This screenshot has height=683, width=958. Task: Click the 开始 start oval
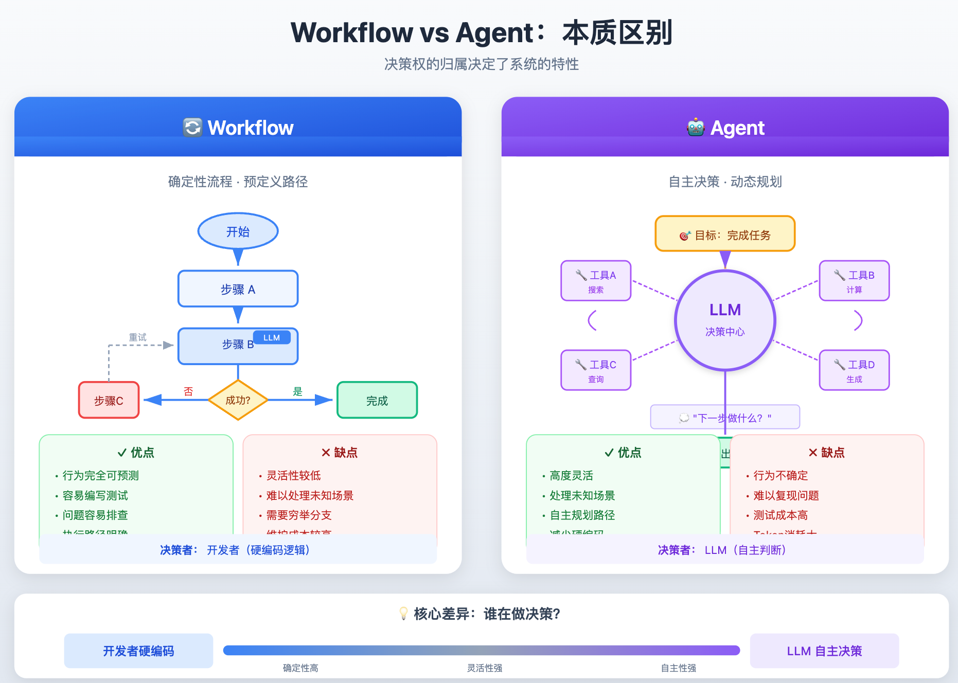pos(238,231)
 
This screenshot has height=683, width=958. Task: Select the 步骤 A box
pos(238,289)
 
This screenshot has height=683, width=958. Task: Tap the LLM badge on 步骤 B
pos(272,337)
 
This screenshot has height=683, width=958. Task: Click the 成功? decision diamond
pos(238,400)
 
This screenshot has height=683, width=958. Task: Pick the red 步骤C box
pos(109,400)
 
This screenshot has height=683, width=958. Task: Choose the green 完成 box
pos(377,400)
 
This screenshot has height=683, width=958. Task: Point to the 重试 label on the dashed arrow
pos(137,337)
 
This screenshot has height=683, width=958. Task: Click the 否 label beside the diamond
pos(188,391)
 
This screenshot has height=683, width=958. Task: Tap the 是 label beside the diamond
pos(297,391)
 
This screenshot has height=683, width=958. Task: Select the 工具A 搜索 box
pos(596,281)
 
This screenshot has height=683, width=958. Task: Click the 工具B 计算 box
pos(854,281)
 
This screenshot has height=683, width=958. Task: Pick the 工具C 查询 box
pos(596,370)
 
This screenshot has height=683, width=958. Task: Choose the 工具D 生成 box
pos(854,370)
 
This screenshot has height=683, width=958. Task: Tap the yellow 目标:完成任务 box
pos(725,234)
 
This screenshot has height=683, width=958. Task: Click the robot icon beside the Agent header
pos(696,128)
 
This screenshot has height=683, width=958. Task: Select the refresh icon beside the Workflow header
pos(192,128)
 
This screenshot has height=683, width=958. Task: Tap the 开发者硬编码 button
pos(138,651)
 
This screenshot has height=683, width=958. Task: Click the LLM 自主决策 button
pos(824,651)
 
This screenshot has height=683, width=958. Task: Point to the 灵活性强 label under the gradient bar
pos(484,668)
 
